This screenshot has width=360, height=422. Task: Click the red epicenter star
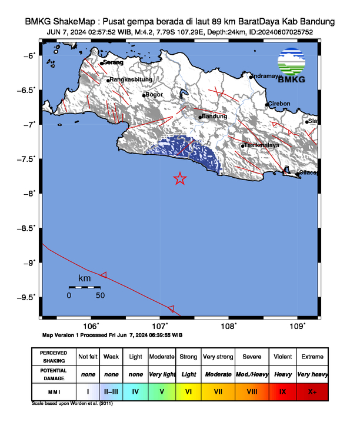coord(180,179)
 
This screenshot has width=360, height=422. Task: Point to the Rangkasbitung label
coord(131,79)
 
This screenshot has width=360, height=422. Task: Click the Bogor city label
coord(154,94)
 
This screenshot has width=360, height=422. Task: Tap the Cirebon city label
coord(279,104)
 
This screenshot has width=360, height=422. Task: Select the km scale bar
coord(84,287)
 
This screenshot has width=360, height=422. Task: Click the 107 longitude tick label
coord(160,325)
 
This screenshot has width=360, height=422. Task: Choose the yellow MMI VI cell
coord(188,391)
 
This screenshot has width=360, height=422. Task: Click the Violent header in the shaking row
coord(282,357)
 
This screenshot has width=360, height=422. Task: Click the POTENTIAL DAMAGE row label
coord(53,374)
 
